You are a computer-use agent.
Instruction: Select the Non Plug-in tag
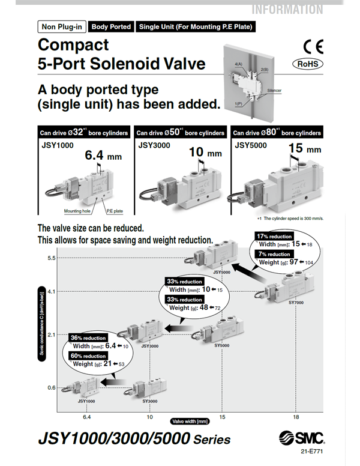tap(62, 26)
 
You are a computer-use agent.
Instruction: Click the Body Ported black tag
tap(111, 26)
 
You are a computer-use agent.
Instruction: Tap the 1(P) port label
tap(238, 104)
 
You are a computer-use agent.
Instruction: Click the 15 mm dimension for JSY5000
tap(301, 148)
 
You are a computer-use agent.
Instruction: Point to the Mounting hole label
tap(77, 211)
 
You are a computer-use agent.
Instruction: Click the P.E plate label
tap(115, 211)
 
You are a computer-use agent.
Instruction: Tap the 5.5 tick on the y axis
tap(51, 258)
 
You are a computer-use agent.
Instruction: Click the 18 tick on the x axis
tap(296, 416)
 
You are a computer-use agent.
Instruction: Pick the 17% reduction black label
tap(274, 235)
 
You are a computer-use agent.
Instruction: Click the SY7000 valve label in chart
tap(296, 303)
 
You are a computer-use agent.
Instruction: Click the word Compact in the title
tap(73, 45)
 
